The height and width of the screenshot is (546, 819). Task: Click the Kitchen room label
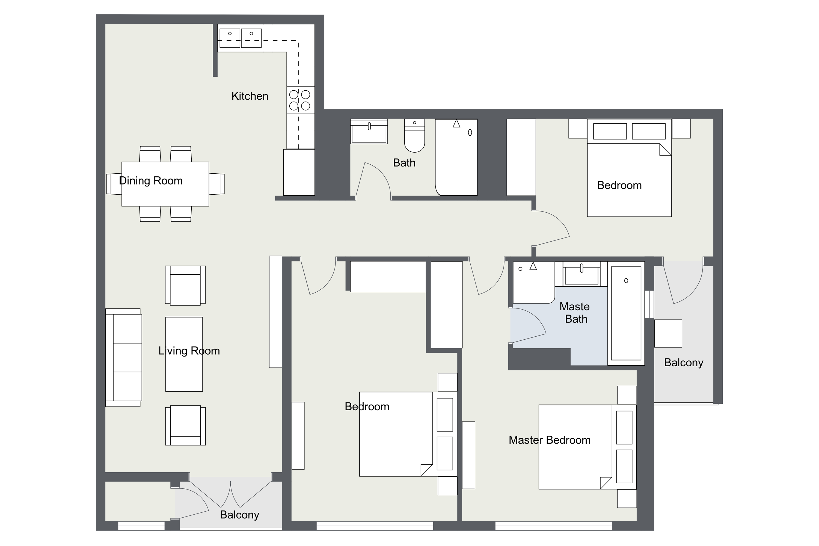(250, 96)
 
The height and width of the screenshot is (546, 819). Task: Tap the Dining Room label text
(151, 181)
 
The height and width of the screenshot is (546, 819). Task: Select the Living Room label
(189, 351)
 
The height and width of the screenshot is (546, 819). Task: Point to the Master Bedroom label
(550, 440)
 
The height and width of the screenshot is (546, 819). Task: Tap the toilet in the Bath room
(414, 135)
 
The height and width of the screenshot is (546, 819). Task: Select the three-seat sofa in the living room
(124, 358)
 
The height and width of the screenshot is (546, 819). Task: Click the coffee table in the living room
(184, 354)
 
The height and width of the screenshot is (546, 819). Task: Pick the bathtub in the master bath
(626, 313)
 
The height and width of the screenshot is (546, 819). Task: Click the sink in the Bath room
(369, 131)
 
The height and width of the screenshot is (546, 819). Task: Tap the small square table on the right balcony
(668, 333)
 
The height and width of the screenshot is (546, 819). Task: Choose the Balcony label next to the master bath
(684, 363)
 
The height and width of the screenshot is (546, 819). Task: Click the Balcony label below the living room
(240, 515)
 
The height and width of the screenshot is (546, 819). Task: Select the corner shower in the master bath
(534, 282)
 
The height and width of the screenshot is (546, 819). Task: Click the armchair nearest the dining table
(185, 286)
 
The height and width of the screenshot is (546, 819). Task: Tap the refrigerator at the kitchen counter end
(299, 172)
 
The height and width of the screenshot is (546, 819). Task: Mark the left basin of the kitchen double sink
(230, 38)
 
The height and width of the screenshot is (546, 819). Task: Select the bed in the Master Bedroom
(587, 447)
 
